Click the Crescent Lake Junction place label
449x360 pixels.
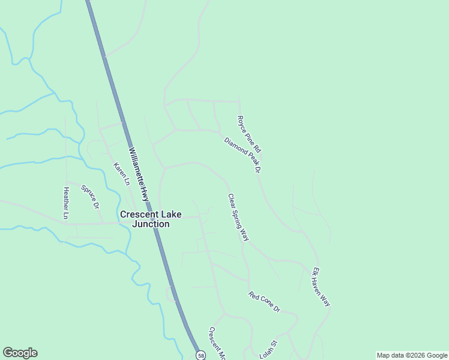coord(144,219)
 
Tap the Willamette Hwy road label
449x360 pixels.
coord(139,174)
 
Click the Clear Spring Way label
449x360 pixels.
coord(238,217)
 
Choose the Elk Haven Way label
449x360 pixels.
coord(321,287)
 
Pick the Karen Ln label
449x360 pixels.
coord(122,173)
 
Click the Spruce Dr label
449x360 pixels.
coord(90,196)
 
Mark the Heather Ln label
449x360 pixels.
coord(66,202)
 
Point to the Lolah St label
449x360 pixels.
coord(267,350)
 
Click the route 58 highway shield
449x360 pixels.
coord(200,355)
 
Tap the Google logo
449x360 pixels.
coord(20,353)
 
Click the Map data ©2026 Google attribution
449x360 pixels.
coord(412,355)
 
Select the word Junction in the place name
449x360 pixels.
coord(152,224)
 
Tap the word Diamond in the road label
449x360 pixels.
coord(234,146)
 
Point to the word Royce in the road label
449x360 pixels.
coord(243,124)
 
